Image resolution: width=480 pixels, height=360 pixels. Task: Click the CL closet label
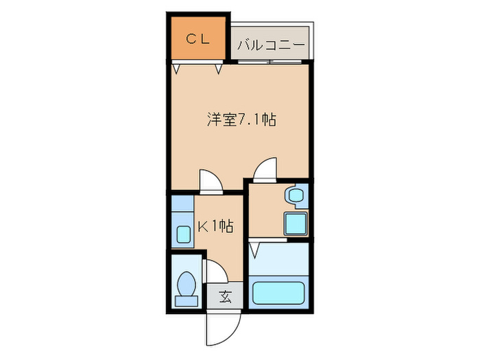(x=197, y=39)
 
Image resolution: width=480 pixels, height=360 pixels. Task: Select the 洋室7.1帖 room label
(x=241, y=120)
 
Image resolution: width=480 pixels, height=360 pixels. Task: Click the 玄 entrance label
(x=225, y=297)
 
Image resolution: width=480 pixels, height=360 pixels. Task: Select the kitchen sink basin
(x=184, y=235)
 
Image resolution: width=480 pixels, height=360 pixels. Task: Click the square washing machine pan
(x=296, y=223)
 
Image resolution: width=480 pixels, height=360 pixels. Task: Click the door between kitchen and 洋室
(x=211, y=180)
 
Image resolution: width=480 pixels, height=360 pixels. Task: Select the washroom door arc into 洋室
(x=265, y=170)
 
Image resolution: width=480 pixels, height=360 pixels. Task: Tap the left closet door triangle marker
(x=178, y=68)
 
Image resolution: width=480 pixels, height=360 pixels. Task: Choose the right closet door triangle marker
(x=219, y=68)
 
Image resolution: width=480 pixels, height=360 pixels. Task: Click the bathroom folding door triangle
(x=255, y=248)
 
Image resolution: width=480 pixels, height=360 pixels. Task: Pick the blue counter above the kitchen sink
(x=182, y=204)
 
